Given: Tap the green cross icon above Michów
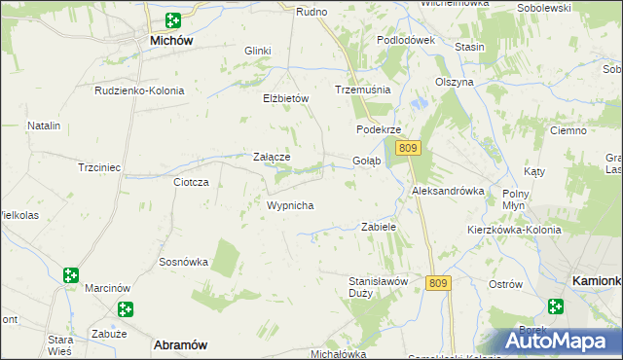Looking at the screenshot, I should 172,19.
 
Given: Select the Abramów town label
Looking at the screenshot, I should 179,344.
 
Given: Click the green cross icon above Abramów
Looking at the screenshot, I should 126,309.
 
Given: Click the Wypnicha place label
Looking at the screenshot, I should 289,205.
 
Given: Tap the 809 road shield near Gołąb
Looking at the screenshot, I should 408,148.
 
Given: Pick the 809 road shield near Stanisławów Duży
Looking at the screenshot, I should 438,283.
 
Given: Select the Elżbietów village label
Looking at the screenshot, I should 285,98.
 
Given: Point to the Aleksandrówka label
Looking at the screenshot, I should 448,191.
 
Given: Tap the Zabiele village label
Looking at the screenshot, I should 379,227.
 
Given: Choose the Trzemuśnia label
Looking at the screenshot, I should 362,89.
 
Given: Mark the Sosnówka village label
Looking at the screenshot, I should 184,262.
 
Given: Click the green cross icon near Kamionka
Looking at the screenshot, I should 555,306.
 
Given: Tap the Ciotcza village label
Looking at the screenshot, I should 191,182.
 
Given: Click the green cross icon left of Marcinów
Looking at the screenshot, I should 71,276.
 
